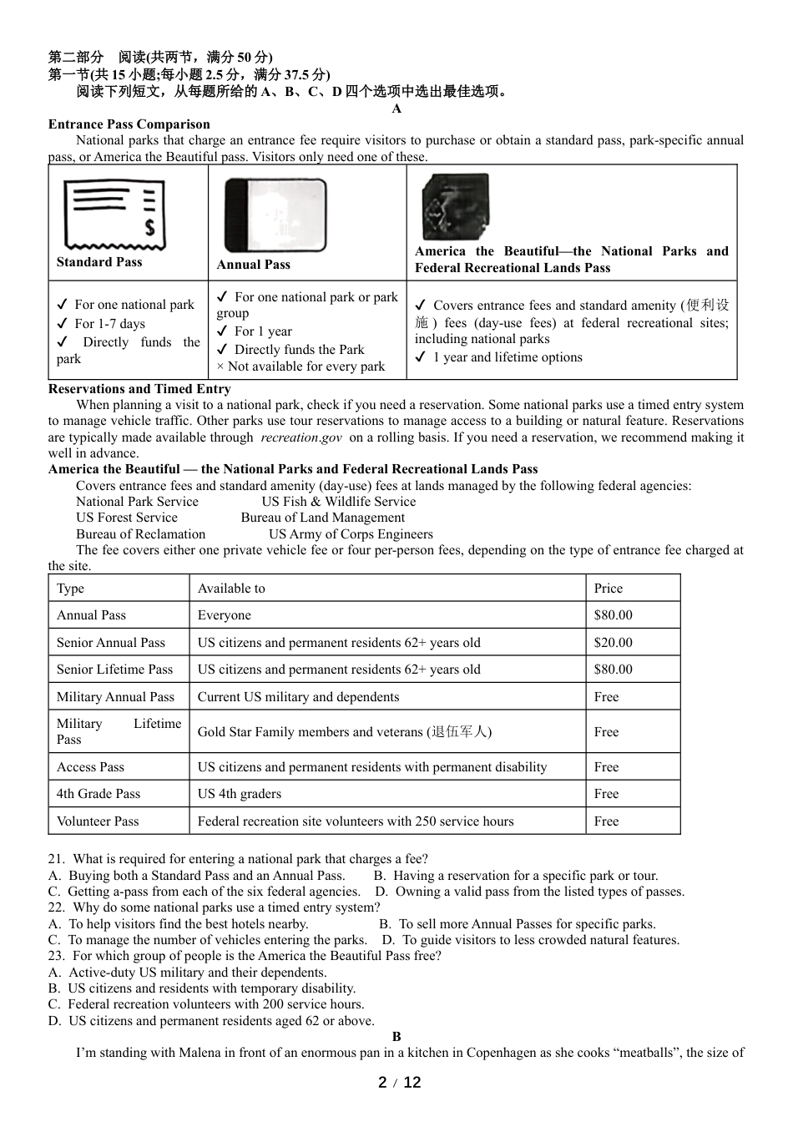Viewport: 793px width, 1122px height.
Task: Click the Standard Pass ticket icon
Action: pos(114,215)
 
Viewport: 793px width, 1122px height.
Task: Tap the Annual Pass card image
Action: pos(275,215)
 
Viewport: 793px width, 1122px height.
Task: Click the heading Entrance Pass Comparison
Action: pos(129,124)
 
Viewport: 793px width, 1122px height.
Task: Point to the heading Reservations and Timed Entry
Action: pos(139,388)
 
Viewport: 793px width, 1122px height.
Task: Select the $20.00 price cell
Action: pos(613,643)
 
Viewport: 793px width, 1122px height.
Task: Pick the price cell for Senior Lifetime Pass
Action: pos(613,670)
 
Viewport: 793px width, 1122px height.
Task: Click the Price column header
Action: pos(608,589)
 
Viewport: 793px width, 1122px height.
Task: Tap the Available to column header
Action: pos(231,589)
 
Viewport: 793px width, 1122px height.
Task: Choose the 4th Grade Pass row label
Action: pos(98,794)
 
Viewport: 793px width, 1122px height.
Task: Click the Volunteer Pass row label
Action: pos(98,821)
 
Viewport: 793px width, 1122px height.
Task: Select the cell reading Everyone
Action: pos(224,615)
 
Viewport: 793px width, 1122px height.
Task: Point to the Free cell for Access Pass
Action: pos(606,767)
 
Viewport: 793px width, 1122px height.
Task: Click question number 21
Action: pos(56,859)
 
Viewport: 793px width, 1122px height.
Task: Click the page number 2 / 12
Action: pos(399,1083)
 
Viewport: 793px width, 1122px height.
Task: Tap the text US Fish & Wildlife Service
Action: pos(338,502)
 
